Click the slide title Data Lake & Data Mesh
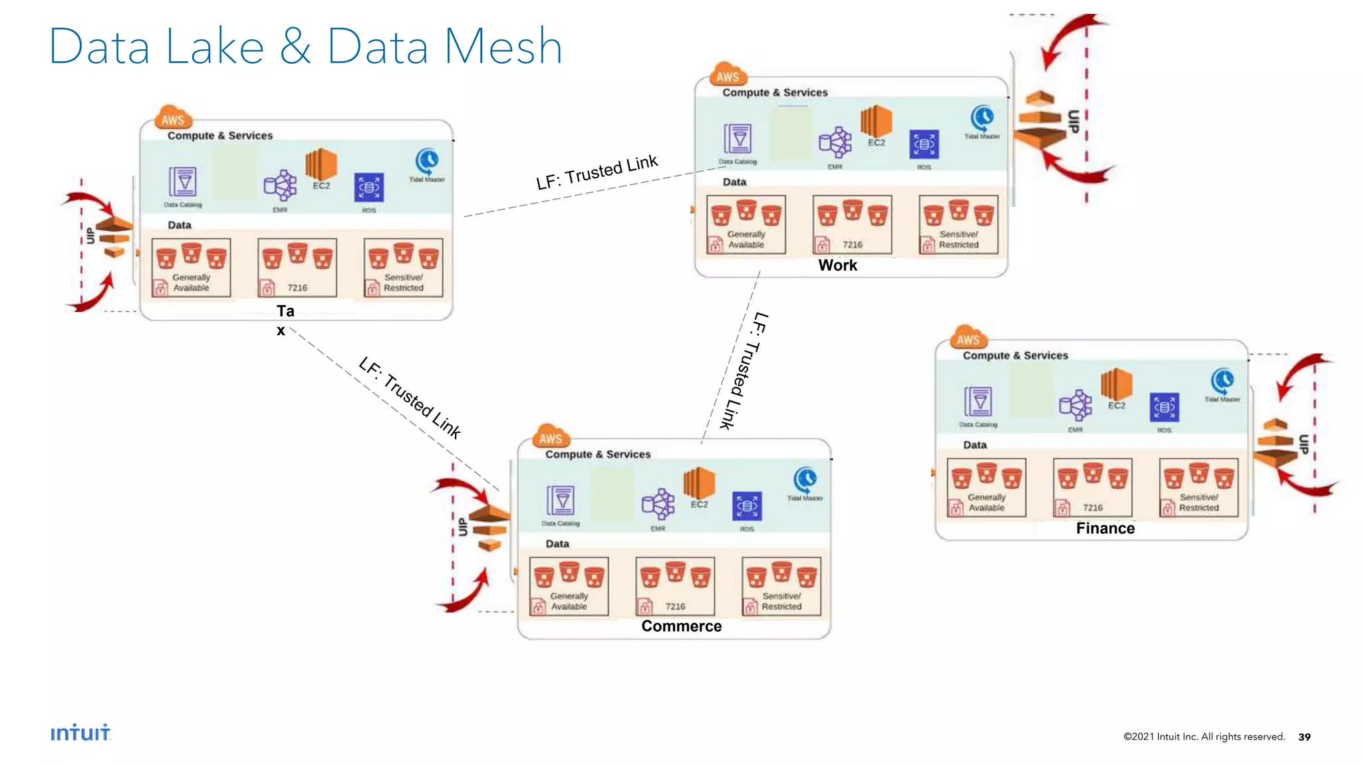click(305, 47)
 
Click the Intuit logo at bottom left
click(80, 732)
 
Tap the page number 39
click(1304, 737)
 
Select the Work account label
click(837, 265)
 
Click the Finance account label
click(1105, 528)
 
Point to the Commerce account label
click(681, 626)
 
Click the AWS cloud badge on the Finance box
click(968, 339)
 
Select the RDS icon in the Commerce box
click(747, 507)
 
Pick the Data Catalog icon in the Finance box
click(978, 402)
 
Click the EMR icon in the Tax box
click(280, 186)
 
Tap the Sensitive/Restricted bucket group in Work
click(958, 225)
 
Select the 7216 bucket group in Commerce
click(675, 586)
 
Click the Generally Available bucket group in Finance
click(986, 487)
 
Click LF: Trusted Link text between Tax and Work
click(597, 172)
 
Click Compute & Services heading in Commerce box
click(598, 454)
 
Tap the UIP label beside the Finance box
click(1304, 444)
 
